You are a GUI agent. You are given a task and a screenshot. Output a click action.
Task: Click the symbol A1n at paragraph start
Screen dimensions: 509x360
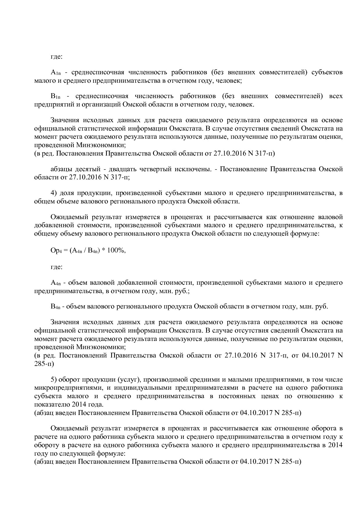click(x=55, y=72)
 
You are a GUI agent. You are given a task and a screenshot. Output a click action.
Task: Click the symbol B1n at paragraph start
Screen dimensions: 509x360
click(x=55, y=96)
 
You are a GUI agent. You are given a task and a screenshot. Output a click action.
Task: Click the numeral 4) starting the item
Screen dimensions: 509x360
click(x=55, y=193)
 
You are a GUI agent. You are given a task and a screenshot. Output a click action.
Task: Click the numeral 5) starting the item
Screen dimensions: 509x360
click(x=55, y=380)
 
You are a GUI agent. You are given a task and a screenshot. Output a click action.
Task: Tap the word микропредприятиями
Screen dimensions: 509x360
click(x=67, y=388)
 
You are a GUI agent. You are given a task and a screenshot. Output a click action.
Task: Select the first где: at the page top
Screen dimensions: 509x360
click(x=56, y=57)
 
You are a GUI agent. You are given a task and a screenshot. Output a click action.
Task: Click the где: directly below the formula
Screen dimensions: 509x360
click(x=56, y=267)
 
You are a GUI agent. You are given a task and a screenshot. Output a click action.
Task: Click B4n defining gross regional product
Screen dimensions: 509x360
click(x=55, y=306)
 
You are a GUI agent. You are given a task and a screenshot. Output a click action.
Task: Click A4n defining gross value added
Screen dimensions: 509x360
click(x=55, y=283)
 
